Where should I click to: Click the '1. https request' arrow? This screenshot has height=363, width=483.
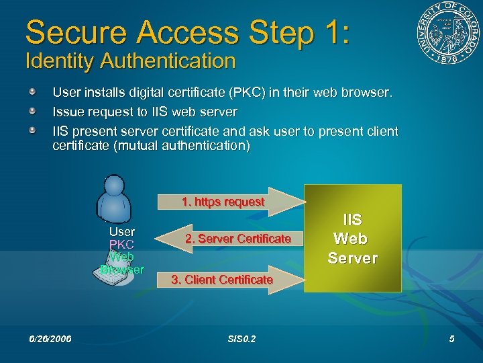[223, 202]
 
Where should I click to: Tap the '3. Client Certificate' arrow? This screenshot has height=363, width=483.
[222, 280]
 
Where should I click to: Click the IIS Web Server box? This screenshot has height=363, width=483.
[353, 239]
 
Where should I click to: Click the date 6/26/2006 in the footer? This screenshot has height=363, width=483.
[50, 339]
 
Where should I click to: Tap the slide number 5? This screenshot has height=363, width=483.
[452, 339]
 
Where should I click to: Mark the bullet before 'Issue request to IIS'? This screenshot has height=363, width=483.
[33, 111]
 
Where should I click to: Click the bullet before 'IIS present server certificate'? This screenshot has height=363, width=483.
[33, 130]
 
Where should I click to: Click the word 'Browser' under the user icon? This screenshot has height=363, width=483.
[122, 270]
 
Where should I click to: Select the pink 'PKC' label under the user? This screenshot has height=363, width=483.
[121, 244]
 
